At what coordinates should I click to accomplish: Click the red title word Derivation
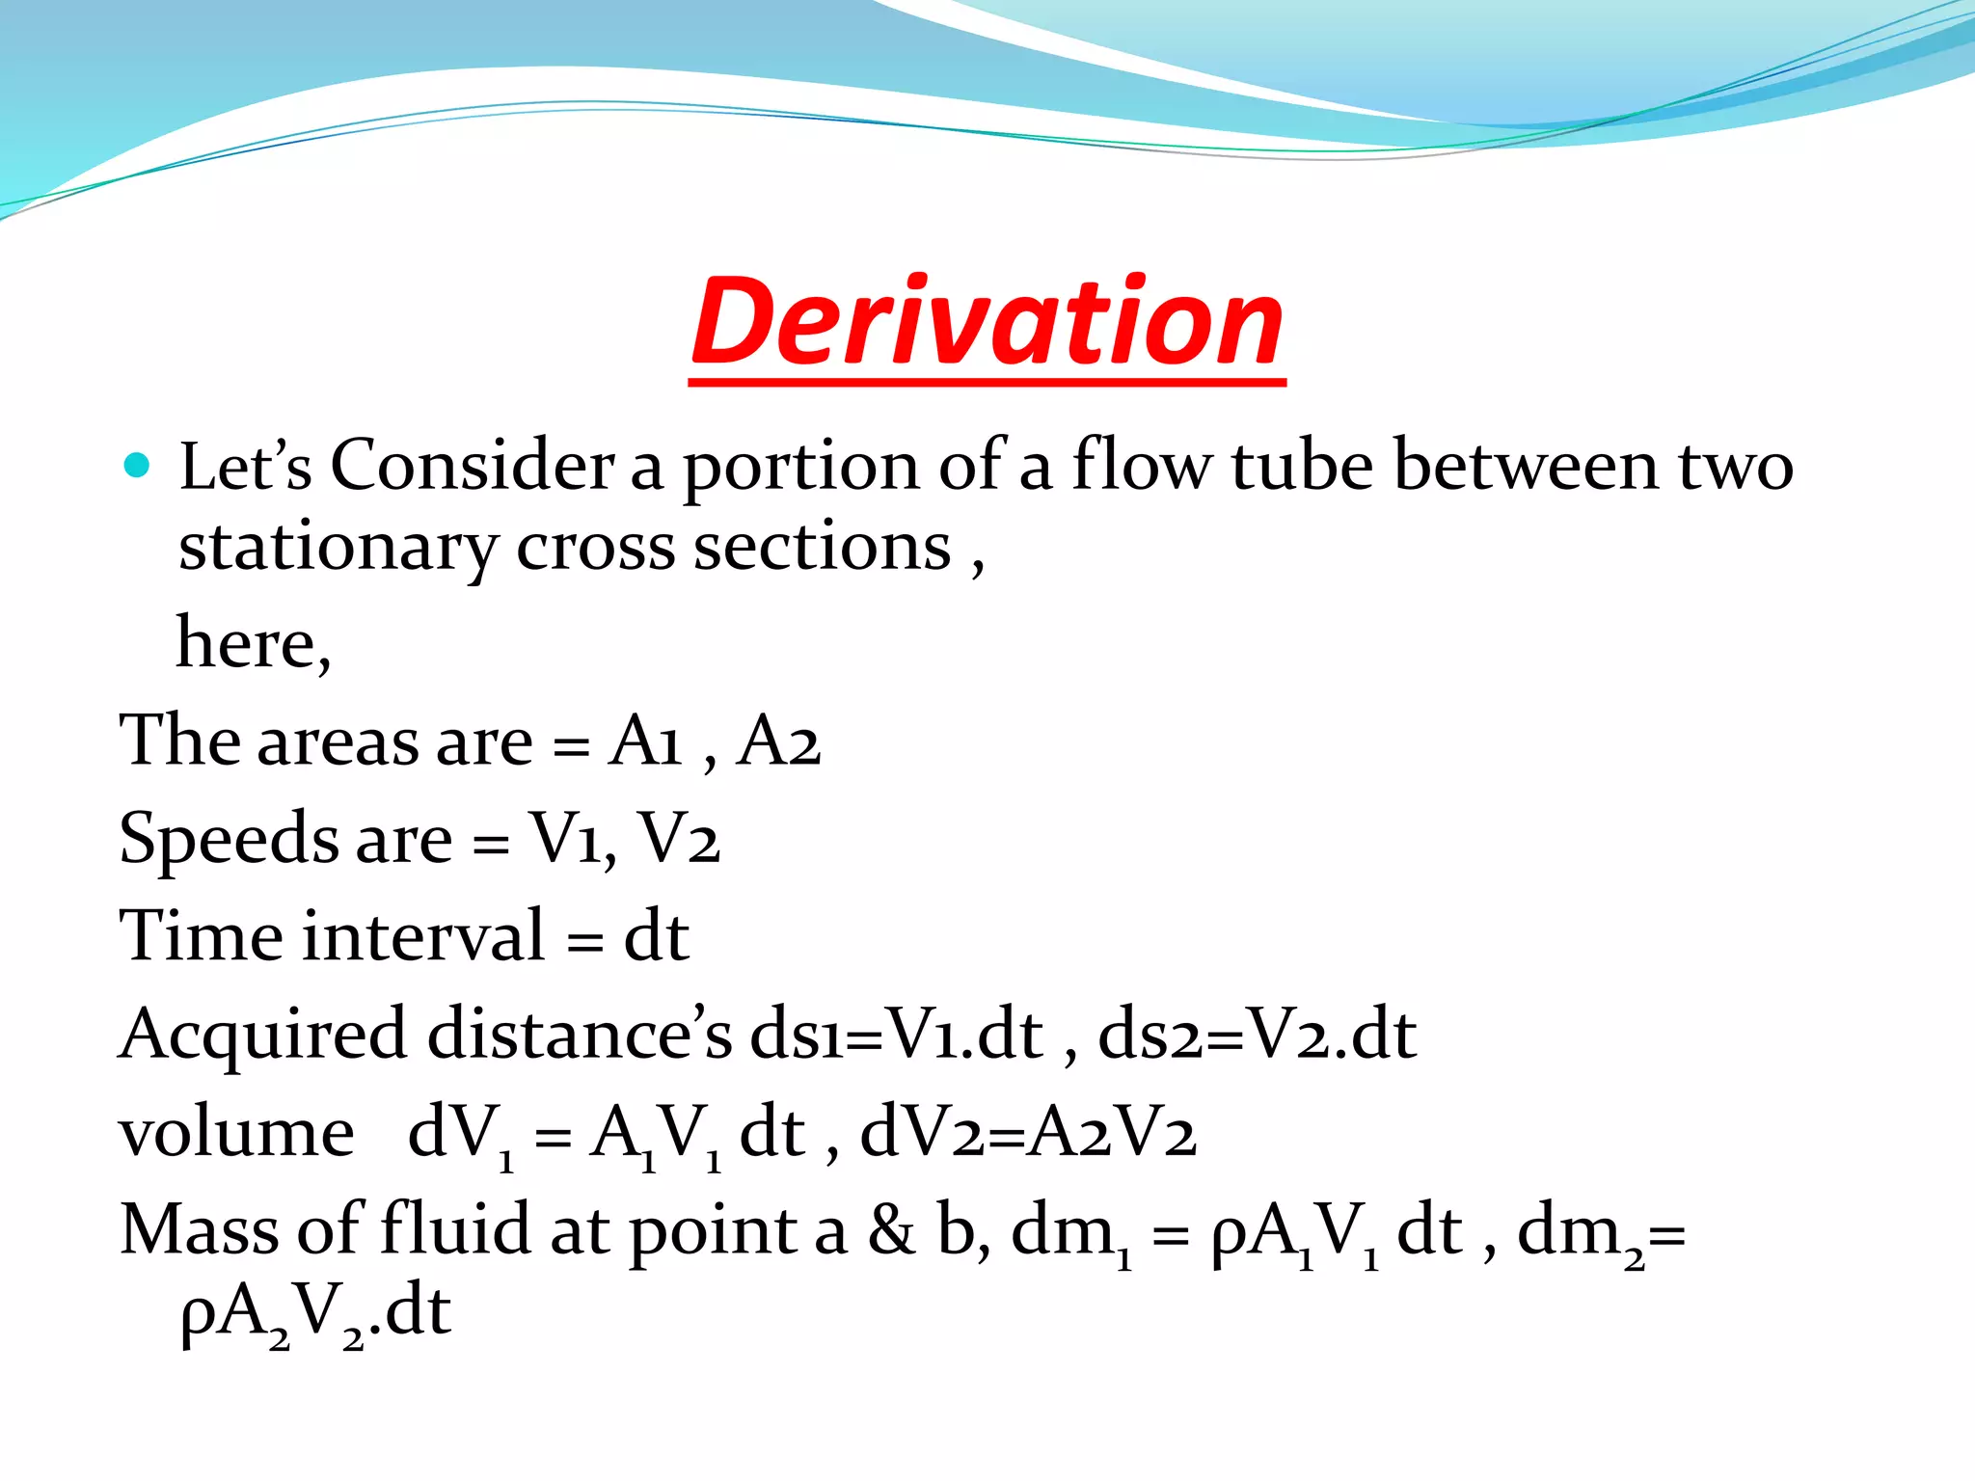(x=987, y=323)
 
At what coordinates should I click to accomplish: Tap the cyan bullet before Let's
(x=138, y=466)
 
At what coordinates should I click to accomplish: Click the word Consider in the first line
(x=473, y=466)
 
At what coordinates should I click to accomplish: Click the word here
(x=253, y=644)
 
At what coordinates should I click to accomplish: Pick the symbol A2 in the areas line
(x=778, y=741)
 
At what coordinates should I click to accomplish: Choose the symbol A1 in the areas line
(x=645, y=741)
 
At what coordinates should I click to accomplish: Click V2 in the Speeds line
(x=679, y=839)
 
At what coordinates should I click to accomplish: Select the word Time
(x=201, y=936)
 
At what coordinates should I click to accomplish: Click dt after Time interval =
(x=656, y=936)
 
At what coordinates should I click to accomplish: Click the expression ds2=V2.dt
(x=1257, y=1035)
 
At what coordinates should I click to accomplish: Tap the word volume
(x=236, y=1133)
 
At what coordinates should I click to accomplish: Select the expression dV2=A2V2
(x=1028, y=1133)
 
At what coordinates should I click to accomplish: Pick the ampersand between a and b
(x=892, y=1231)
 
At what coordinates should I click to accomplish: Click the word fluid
(x=455, y=1231)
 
